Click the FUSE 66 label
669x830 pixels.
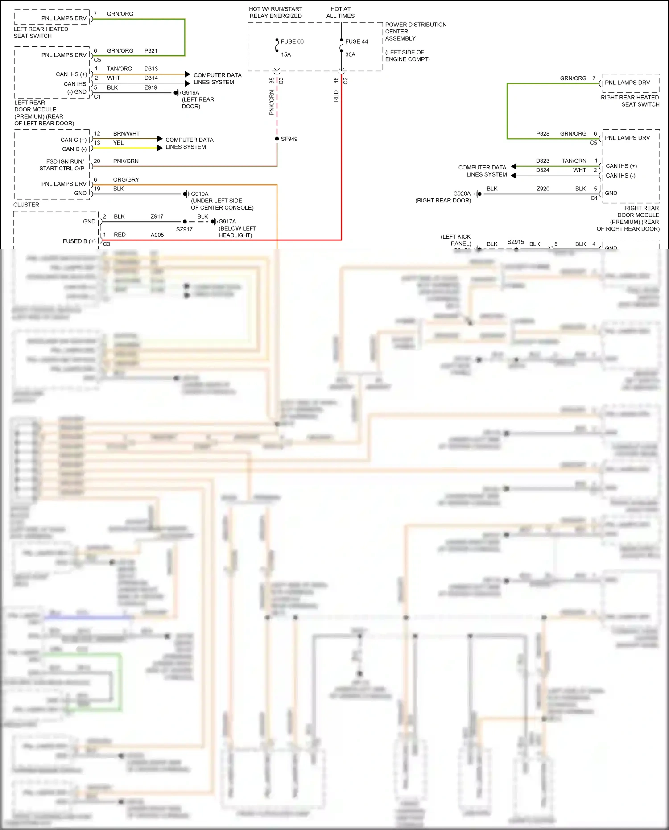(292, 41)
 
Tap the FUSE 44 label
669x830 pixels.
(356, 41)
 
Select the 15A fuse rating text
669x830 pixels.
(286, 54)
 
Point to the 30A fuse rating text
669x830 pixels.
(350, 54)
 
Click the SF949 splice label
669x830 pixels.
(289, 139)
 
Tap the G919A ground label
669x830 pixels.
(190, 93)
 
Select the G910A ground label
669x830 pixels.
(200, 194)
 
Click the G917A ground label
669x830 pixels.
(227, 222)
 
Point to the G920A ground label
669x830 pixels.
(462, 194)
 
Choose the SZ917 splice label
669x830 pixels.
(184, 229)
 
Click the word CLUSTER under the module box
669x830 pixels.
(26, 205)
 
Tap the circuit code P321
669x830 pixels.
(151, 51)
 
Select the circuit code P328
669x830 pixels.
(543, 134)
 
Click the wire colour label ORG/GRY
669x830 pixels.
(126, 180)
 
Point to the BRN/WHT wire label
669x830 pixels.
(126, 134)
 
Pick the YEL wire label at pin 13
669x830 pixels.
(118, 143)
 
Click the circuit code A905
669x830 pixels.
(157, 235)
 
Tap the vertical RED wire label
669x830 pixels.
(336, 96)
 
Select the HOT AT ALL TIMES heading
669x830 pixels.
(340, 12)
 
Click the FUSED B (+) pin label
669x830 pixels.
(79, 241)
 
